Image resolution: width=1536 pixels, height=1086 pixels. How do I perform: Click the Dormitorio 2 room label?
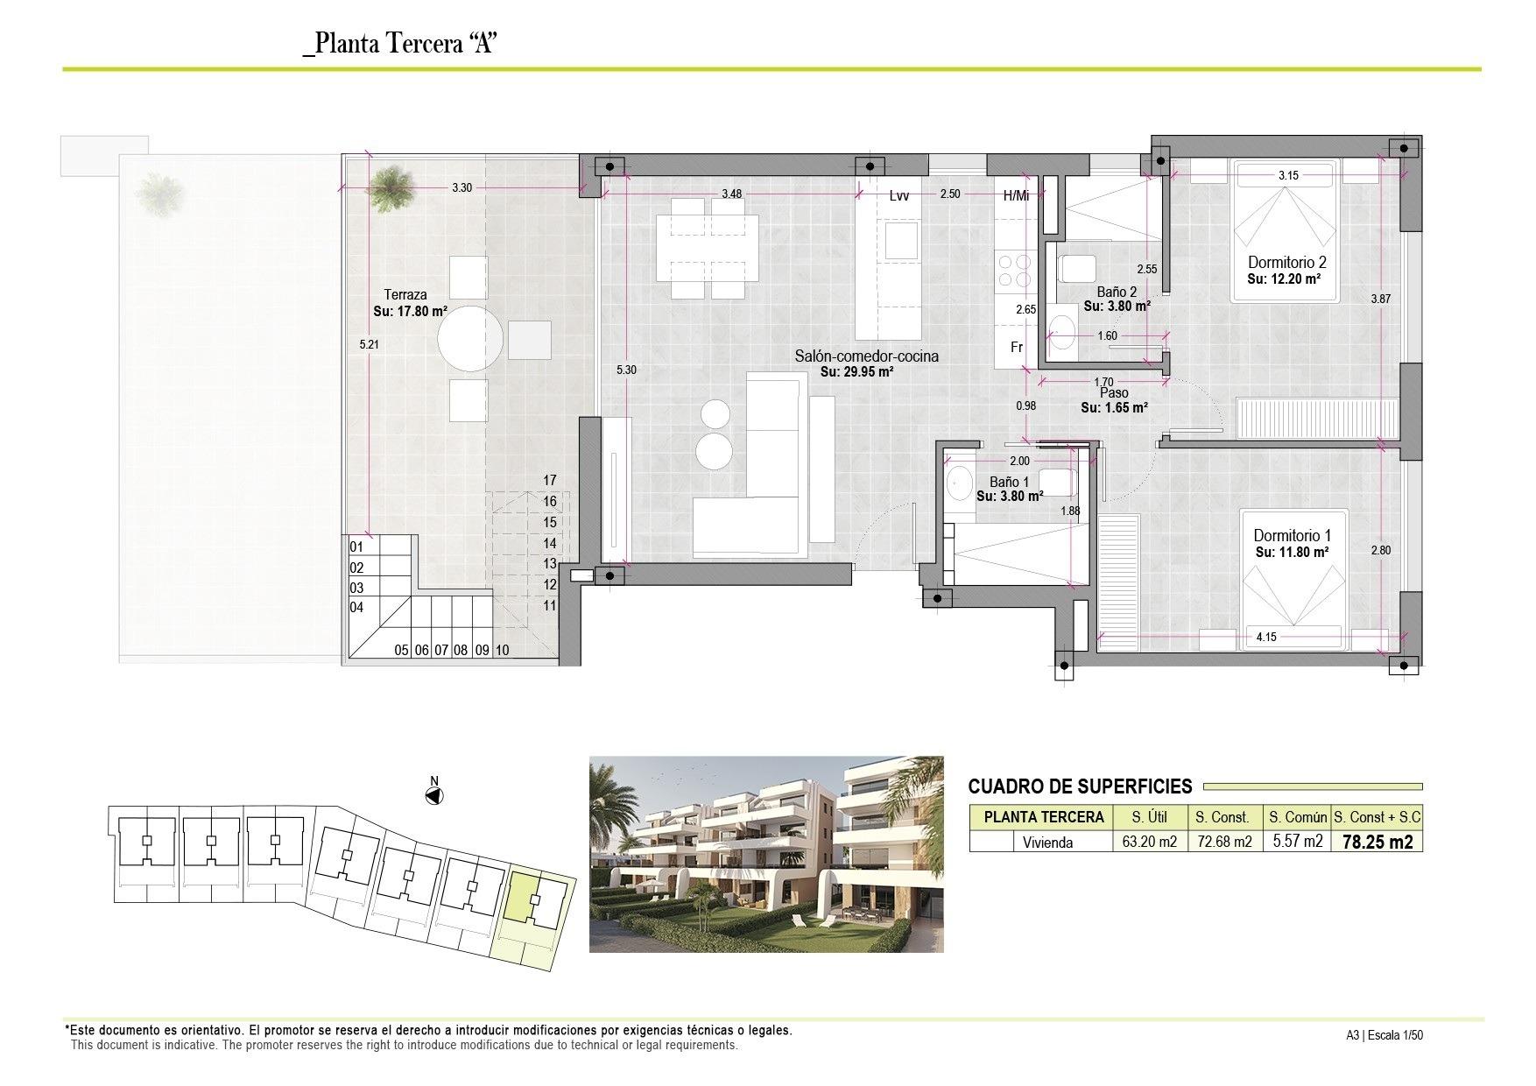[1286, 262]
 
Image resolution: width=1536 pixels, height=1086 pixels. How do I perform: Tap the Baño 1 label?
[1009, 482]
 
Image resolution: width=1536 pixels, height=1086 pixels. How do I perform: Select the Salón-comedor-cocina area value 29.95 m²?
[856, 371]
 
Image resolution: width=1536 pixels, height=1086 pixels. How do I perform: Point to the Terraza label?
[405, 295]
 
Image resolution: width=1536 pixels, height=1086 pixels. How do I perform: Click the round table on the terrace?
[471, 337]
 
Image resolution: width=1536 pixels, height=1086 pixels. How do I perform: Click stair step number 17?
[550, 480]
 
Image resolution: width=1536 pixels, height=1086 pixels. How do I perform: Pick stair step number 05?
[401, 650]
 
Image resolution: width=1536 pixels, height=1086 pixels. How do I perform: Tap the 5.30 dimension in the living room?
[626, 370]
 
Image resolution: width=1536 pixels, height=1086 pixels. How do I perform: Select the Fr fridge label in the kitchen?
[1017, 348]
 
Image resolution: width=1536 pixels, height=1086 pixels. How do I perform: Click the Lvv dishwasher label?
[899, 196]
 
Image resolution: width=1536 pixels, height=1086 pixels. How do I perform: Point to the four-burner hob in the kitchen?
[1016, 270]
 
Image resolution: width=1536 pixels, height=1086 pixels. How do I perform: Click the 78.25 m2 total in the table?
[1376, 842]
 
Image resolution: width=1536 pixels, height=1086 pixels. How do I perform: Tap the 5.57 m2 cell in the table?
[1297, 842]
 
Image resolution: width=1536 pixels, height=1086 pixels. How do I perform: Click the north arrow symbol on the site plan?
[433, 795]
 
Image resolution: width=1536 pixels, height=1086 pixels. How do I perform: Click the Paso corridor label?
[1114, 393]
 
